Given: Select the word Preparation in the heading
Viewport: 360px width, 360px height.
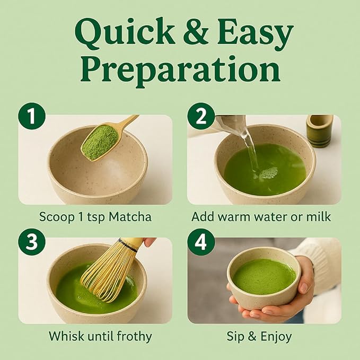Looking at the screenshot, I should coord(180,70).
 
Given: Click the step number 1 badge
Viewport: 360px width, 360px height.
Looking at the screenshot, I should coord(32,116).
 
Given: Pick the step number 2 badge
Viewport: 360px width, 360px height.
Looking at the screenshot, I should coord(201,116).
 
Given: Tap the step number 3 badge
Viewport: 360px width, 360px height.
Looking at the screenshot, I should coord(32,242).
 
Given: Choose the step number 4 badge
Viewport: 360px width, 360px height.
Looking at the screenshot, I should coord(201,242).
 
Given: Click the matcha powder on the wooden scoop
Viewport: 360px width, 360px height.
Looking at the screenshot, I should coord(100,142).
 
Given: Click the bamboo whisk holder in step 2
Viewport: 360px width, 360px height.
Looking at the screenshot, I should coord(320,130).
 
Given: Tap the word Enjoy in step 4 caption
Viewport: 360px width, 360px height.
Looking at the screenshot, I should coord(278,336).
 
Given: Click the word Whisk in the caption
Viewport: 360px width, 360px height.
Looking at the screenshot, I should coord(63,336).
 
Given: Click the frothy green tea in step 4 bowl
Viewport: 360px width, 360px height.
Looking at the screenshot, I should coord(264,276).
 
